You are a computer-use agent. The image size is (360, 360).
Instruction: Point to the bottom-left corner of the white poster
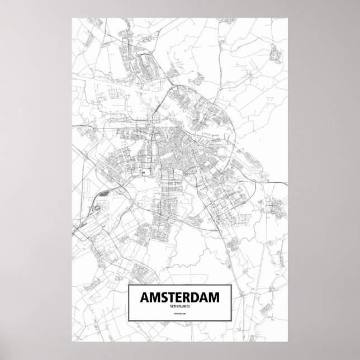click(72, 343)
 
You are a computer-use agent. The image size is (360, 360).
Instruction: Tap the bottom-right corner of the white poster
click(288, 343)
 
